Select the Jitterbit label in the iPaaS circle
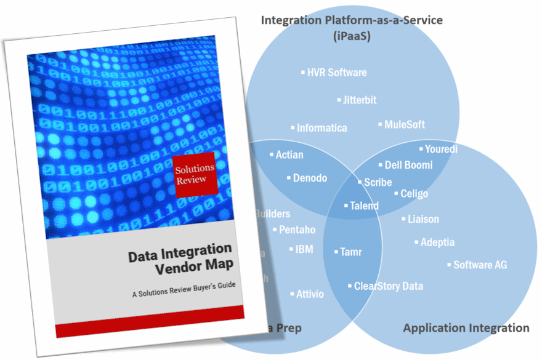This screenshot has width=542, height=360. pyautogui.click(x=360, y=100)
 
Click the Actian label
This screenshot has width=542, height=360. pyautogui.click(x=289, y=154)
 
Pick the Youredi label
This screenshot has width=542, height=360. pyautogui.click(x=441, y=149)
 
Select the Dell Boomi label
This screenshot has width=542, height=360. pyautogui.click(x=408, y=165)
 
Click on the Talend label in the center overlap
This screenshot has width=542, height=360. pyautogui.click(x=364, y=206)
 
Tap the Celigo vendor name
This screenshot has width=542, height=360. pyautogui.click(x=414, y=194)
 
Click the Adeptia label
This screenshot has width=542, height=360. pyautogui.click(x=437, y=242)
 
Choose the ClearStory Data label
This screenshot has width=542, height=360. pyautogui.click(x=388, y=286)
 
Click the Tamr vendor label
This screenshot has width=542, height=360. pyautogui.click(x=350, y=252)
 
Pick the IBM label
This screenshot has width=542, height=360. pyautogui.click(x=304, y=249)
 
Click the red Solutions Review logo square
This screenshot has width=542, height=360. pyautogui.click(x=194, y=174)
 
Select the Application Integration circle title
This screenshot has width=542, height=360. pyautogui.click(x=466, y=328)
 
